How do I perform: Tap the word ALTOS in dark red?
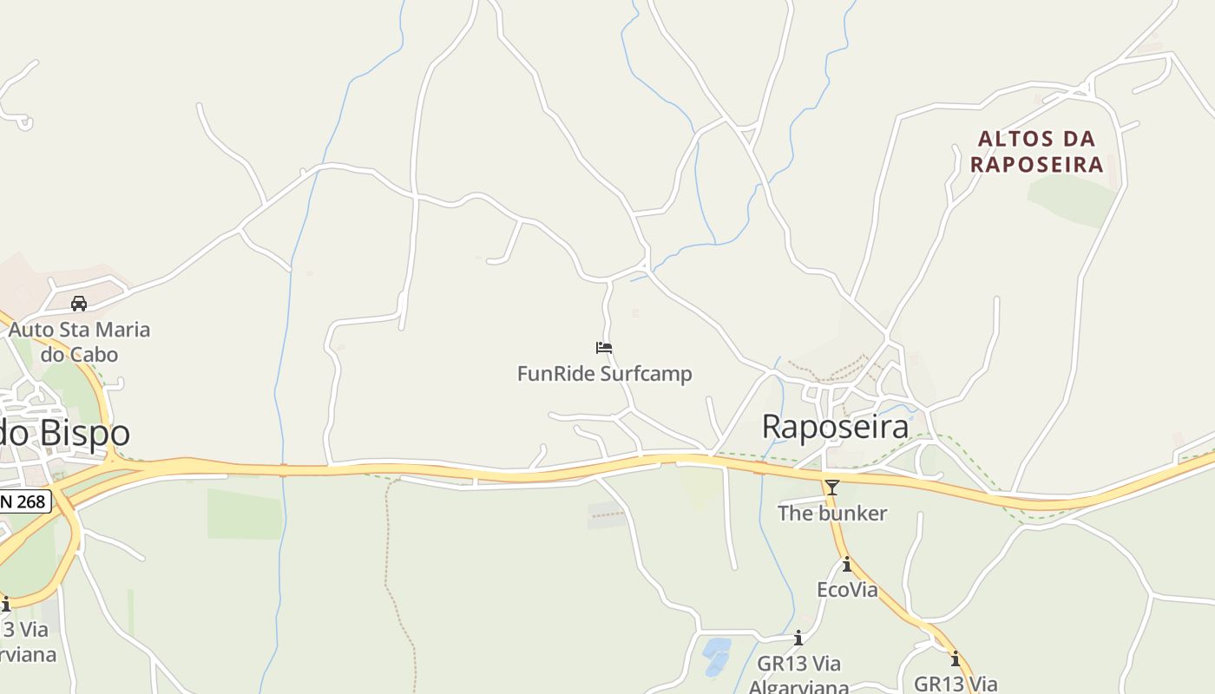[x=1011, y=139]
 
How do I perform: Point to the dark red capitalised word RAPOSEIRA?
[x=1036, y=164]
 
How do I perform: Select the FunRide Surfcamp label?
[x=604, y=374]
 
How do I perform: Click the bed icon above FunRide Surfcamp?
[x=604, y=348]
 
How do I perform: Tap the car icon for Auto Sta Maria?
[x=79, y=304]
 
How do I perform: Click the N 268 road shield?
[x=25, y=501]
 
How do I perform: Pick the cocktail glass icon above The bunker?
[x=831, y=488]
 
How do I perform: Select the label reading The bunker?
[x=831, y=514]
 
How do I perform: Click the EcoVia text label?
[x=847, y=590]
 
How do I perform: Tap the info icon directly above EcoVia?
[x=847, y=565]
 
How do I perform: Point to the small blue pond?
[x=716, y=656]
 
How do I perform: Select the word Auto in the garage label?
[x=30, y=330]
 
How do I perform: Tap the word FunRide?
[x=553, y=374]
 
